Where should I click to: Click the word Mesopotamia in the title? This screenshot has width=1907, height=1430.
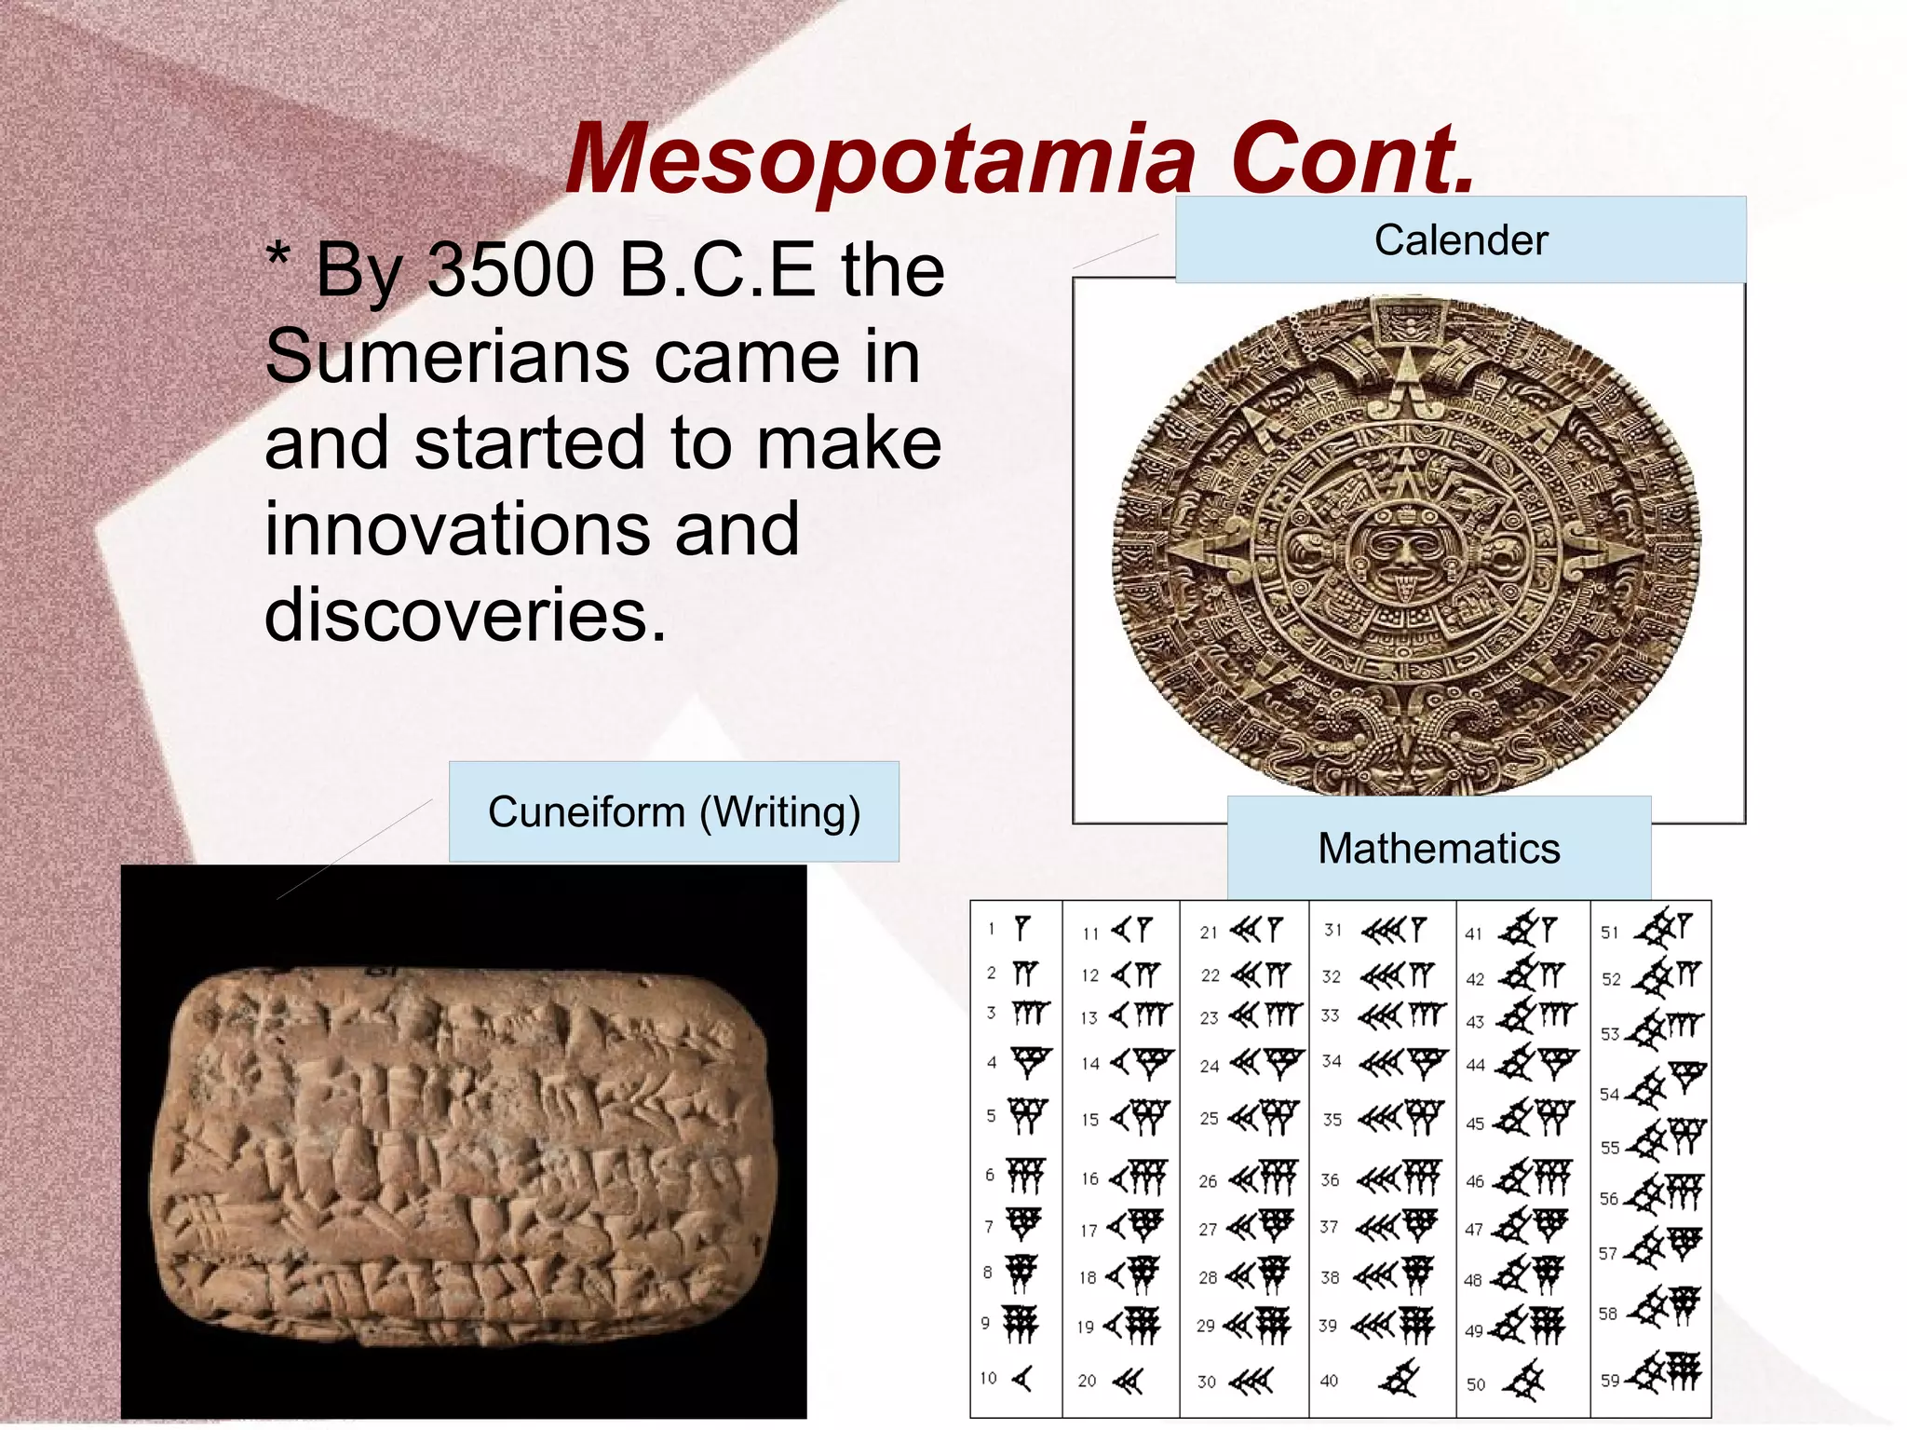point(879,160)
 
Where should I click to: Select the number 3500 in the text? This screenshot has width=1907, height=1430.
point(510,270)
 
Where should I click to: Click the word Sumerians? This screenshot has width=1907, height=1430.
point(447,357)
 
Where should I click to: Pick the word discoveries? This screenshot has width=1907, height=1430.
point(466,615)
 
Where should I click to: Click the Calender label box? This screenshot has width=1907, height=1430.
point(1460,239)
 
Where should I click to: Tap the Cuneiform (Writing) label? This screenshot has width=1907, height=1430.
point(673,811)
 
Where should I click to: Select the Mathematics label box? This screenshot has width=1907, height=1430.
point(1439,848)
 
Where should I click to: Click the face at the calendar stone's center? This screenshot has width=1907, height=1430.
point(1403,550)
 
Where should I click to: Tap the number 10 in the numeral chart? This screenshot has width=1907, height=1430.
point(988,1378)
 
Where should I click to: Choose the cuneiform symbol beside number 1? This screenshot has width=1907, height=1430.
point(1022,928)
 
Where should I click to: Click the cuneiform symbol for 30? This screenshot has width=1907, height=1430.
point(1251,1381)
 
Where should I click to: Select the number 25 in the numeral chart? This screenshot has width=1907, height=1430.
point(1209,1118)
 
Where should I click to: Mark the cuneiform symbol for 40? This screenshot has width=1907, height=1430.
point(1399,1379)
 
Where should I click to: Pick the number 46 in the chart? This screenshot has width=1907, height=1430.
point(1475,1181)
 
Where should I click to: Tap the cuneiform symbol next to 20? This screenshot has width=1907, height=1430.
point(1128,1381)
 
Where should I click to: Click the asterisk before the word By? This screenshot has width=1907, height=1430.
point(277,255)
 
